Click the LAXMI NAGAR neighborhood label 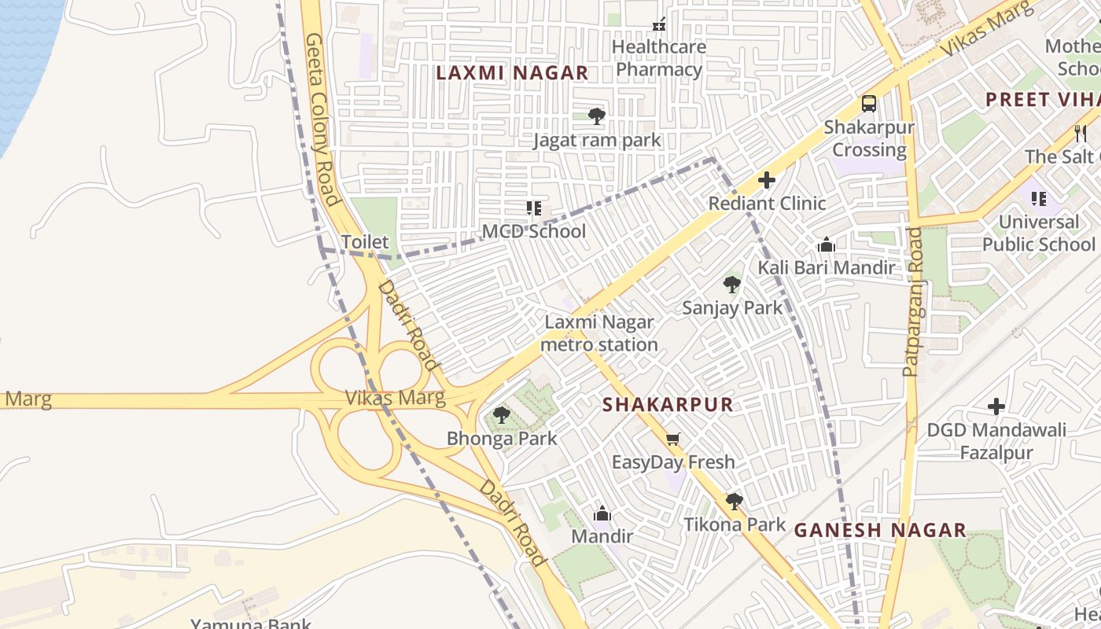point(512,73)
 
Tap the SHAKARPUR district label point(667,405)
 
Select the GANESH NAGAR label point(880,530)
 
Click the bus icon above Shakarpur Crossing point(869,104)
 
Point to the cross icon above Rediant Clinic point(767,181)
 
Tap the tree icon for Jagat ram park point(597,116)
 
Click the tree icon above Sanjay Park point(732,284)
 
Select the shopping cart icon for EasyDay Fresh point(672,439)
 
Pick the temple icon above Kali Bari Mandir point(826,245)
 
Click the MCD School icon point(534,208)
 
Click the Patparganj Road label point(913,301)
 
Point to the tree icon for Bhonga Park point(501,415)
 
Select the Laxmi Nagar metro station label point(599,333)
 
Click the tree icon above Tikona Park point(734,501)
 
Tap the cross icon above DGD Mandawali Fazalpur point(996,406)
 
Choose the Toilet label point(365,241)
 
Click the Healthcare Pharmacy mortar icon point(659,24)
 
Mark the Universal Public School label point(1038,233)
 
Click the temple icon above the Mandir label point(602,513)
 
